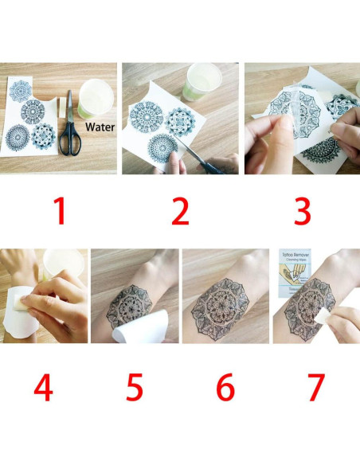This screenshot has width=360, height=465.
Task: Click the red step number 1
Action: pyautogui.click(x=59, y=212)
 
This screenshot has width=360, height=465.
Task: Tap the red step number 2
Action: pyautogui.click(x=181, y=212)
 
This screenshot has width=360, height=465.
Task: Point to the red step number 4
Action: pyautogui.click(x=43, y=388)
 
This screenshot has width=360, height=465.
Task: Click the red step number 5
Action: pyautogui.click(x=135, y=388)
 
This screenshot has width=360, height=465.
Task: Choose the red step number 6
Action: pyautogui.click(x=225, y=388)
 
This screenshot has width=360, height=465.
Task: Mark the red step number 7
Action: pyautogui.click(x=316, y=388)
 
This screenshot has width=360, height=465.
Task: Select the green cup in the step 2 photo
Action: pyautogui.click(x=202, y=82)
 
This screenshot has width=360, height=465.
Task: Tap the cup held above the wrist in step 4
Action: pyautogui.click(x=63, y=267)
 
